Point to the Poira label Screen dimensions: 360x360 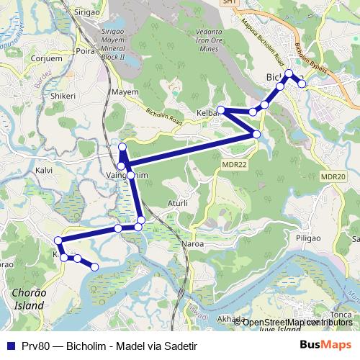click(86, 51)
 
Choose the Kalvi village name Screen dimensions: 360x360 click(45, 171)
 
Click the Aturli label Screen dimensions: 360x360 click(176, 204)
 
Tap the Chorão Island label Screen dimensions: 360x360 click(29, 299)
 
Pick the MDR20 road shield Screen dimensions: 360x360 click(334, 177)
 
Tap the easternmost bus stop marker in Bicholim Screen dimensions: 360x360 click(302, 84)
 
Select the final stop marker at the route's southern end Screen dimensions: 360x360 click(94, 267)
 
